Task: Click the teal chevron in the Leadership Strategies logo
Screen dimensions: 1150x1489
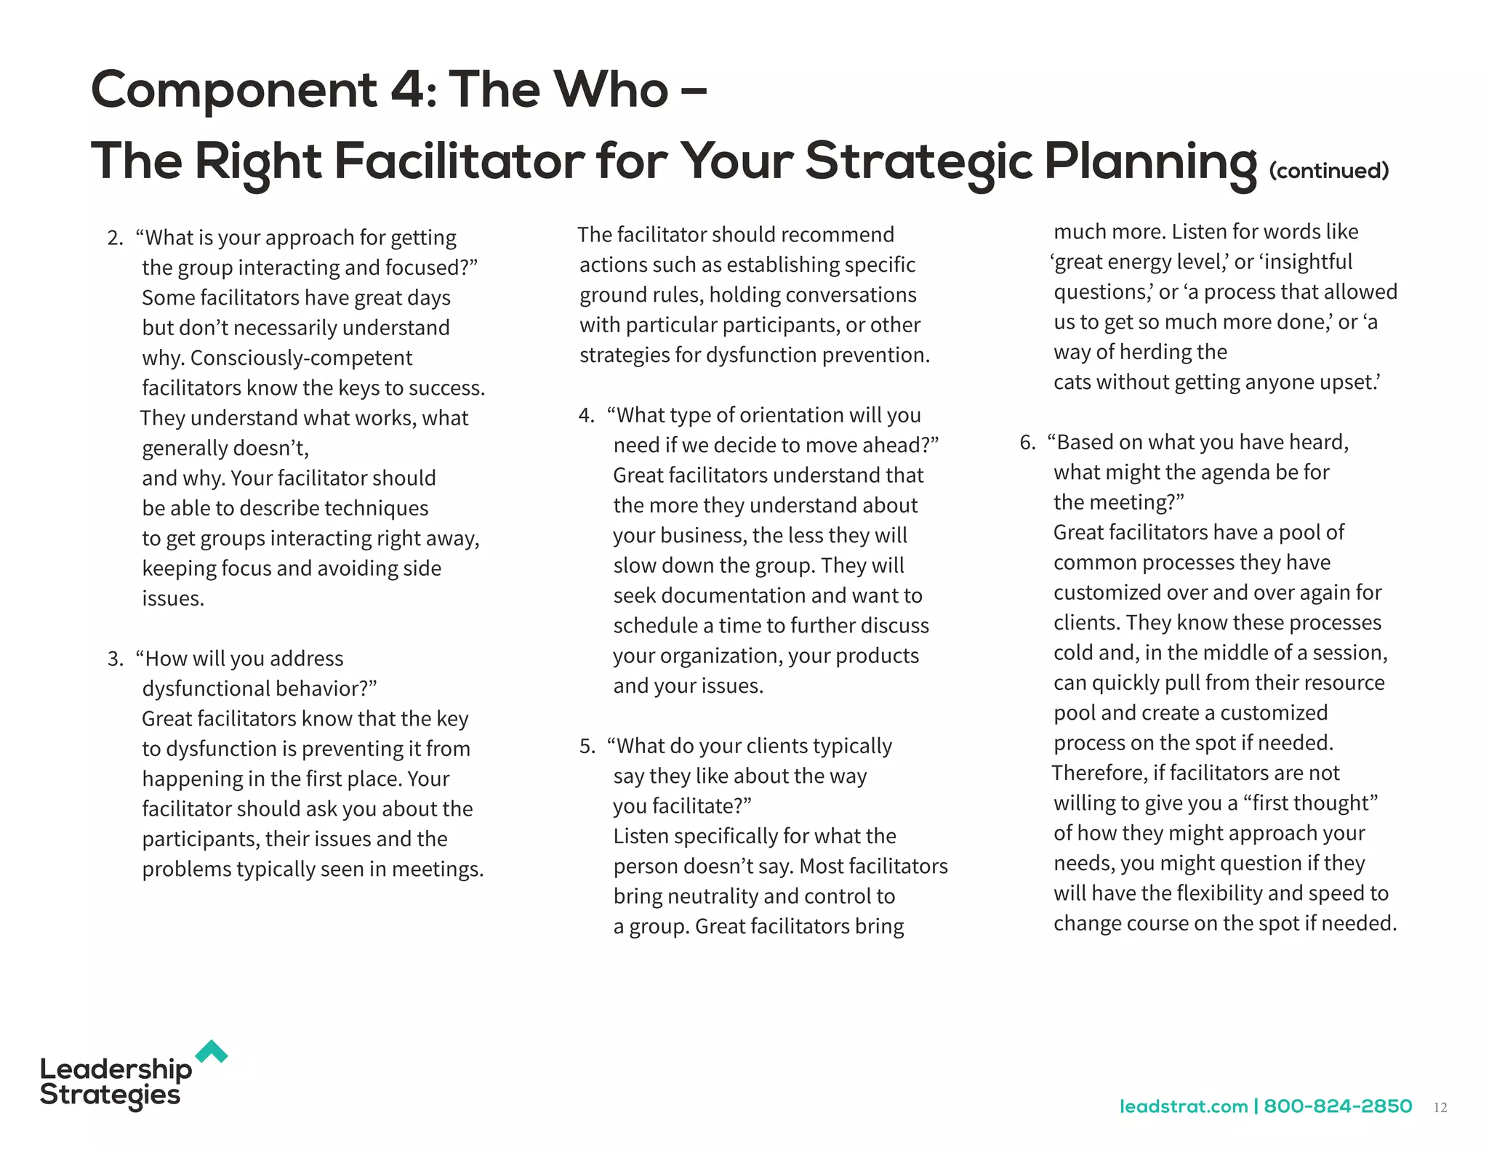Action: (x=212, y=1051)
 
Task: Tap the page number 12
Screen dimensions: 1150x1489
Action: (x=1440, y=1107)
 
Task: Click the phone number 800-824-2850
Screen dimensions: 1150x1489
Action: (x=1338, y=1106)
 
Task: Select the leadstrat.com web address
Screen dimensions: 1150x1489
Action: (x=1183, y=1106)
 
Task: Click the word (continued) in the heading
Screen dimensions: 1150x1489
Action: (x=1328, y=171)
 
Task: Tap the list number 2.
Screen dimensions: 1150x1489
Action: (x=115, y=238)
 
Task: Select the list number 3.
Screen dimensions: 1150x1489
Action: (x=115, y=659)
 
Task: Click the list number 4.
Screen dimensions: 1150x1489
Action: (x=586, y=416)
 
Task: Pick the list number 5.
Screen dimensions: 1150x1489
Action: (x=587, y=747)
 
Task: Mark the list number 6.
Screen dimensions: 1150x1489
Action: (x=1027, y=443)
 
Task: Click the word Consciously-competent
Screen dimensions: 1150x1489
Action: (x=301, y=358)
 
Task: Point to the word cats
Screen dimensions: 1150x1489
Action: (x=1072, y=382)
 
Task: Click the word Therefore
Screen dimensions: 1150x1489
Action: (x=1098, y=773)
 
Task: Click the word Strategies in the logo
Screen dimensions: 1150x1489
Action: (x=110, y=1095)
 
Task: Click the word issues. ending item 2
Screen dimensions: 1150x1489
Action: (x=173, y=599)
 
